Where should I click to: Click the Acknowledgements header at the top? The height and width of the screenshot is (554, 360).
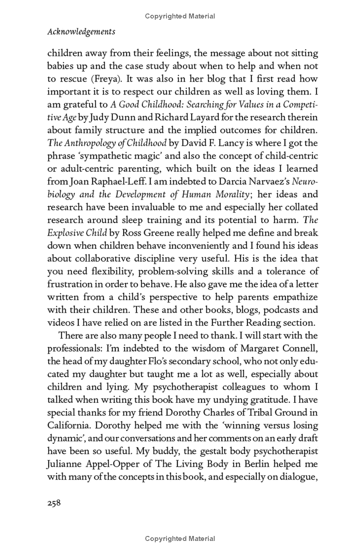point(81,32)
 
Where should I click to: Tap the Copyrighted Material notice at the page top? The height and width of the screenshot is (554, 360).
point(180,16)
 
